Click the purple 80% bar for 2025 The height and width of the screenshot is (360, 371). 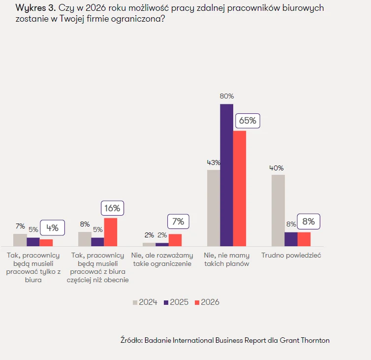(226, 175)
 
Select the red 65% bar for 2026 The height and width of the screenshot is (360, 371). (240, 188)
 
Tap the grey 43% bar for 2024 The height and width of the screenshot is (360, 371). (213, 208)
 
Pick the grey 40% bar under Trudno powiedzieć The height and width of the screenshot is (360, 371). (278, 210)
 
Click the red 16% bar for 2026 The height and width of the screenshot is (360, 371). (111, 232)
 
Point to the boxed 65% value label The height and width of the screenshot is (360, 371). (247, 121)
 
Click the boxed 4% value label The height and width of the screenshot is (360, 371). (52, 228)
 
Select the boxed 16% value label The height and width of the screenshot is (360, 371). (113, 208)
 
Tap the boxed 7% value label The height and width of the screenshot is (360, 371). (178, 222)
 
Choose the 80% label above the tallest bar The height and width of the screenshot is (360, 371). (227, 96)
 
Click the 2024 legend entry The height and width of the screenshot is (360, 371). (145, 302)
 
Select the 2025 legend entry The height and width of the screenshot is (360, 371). (176, 302)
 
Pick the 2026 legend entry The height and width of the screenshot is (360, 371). (207, 302)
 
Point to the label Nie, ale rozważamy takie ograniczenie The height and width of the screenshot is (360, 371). (162, 260)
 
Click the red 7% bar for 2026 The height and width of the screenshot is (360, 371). (175, 240)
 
